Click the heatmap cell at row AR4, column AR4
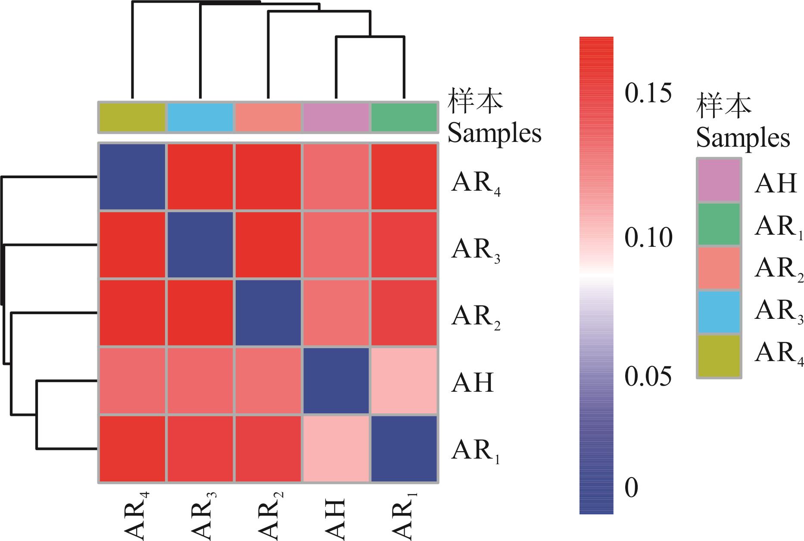(132, 176)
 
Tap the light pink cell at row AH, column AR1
(404, 381)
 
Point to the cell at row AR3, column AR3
(200, 245)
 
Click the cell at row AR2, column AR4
(132, 313)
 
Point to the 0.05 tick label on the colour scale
(648, 377)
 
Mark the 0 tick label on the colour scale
(631, 488)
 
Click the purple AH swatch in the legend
(719, 180)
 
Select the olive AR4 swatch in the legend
(719, 356)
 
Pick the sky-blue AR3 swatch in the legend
(719, 312)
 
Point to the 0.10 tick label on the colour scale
(648, 237)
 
